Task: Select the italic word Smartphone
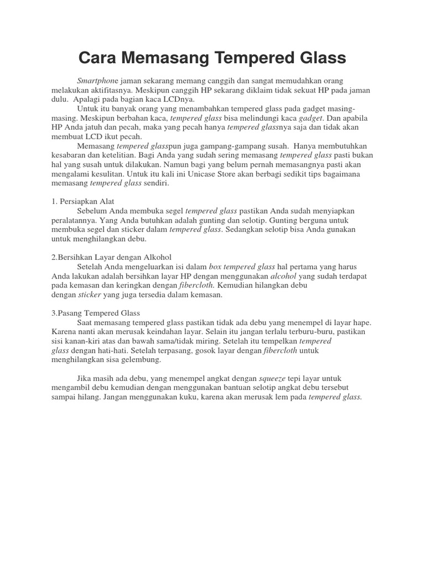coord(97,81)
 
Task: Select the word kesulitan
coord(105,174)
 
